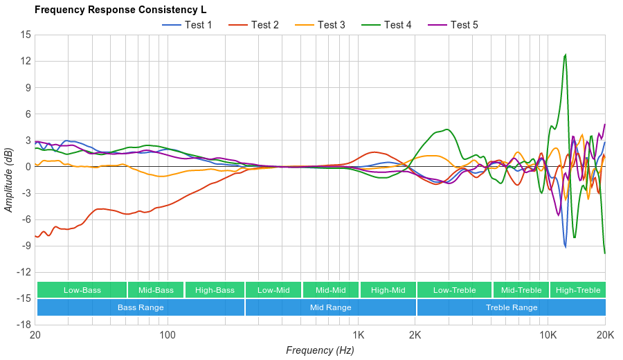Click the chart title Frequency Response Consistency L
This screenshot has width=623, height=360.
120,10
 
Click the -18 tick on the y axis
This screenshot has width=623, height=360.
24,325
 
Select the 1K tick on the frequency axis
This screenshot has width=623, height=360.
358,335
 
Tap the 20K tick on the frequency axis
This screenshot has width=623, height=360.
605,335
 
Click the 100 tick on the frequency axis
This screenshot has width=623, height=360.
168,335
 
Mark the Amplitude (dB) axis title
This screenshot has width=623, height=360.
9,179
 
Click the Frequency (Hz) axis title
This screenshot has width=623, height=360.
320,350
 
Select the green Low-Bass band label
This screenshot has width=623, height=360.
82,290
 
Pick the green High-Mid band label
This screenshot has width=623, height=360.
388,290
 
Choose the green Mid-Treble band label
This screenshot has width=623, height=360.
521,290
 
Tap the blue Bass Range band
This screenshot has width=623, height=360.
141,307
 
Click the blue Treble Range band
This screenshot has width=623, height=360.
512,307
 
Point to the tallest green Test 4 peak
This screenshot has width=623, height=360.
566,55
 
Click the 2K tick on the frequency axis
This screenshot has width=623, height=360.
415,335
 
